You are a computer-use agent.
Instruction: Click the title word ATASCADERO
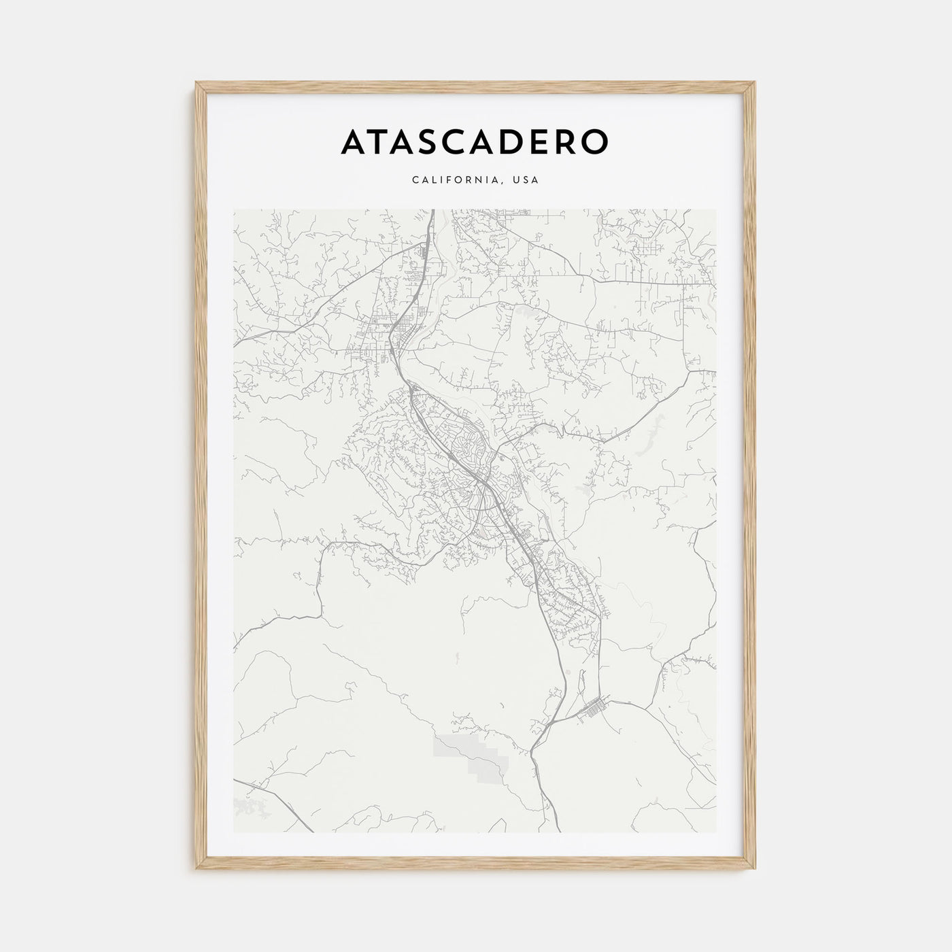point(475,141)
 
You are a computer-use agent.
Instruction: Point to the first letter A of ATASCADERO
point(356,141)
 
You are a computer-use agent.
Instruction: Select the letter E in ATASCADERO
point(539,141)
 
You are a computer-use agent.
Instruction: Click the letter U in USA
point(517,180)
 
